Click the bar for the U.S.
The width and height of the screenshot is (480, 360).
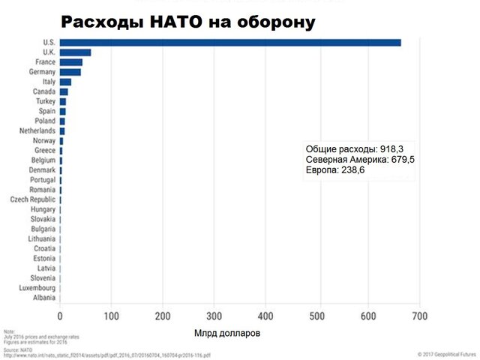coord(230,42)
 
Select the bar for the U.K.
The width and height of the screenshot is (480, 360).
coord(75,52)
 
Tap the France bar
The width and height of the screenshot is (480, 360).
coord(71,62)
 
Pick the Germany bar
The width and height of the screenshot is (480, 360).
coord(70,72)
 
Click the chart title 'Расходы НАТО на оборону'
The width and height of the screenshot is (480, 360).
coord(187,22)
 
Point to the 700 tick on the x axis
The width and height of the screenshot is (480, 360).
coord(419,316)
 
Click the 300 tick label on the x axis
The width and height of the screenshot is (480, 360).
coord(214,316)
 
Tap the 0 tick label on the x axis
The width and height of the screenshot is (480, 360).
coord(60,316)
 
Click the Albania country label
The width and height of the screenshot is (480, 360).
coord(43,298)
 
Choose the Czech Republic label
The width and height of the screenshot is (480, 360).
coord(32,199)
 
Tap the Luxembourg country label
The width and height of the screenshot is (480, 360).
coord(37,288)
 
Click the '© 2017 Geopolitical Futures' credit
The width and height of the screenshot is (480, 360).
coord(438,352)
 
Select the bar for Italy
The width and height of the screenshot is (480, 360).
coord(65,82)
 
